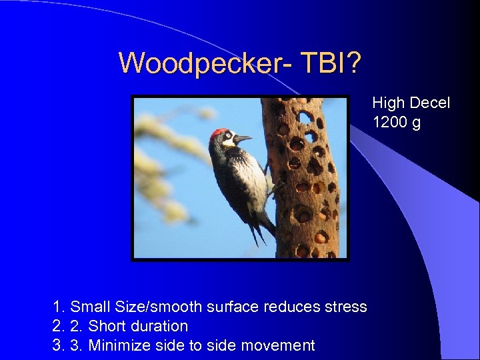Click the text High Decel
pos(411,103)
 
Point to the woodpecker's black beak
pos(243,139)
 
